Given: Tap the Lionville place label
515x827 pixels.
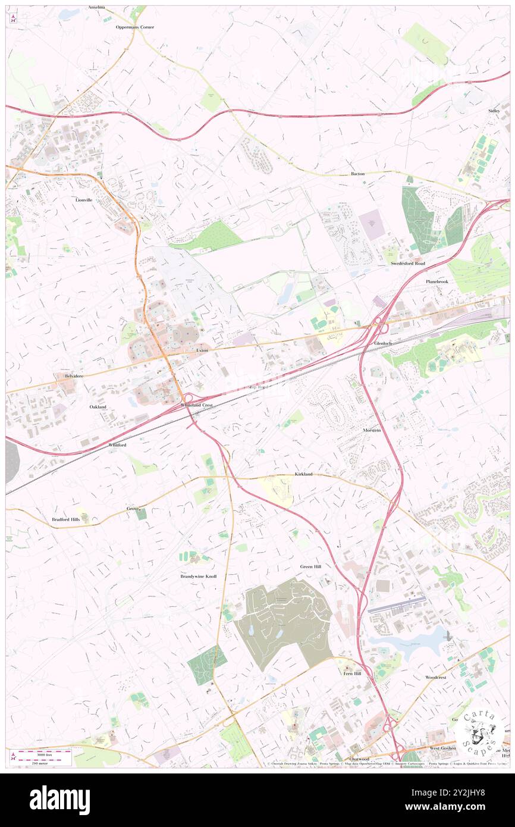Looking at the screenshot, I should [x=84, y=200].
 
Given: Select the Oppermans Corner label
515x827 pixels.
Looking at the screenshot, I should [x=135, y=27].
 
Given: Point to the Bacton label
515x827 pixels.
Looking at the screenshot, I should [x=357, y=174].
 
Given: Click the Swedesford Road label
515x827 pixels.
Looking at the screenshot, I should [x=408, y=263].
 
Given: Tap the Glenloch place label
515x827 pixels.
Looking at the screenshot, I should [x=383, y=344].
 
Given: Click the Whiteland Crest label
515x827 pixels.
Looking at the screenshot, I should [x=196, y=405].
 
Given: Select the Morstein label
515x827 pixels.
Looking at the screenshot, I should [x=372, y=430].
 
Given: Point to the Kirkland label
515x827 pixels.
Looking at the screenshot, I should [x=303, y=474].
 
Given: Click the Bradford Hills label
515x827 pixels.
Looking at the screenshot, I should [x=65, y=519].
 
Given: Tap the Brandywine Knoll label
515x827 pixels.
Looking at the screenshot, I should [x=199, y=577].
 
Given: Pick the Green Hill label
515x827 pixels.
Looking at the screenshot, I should [x=310, y=566].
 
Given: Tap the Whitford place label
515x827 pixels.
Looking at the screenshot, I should [x=117, y=444].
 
